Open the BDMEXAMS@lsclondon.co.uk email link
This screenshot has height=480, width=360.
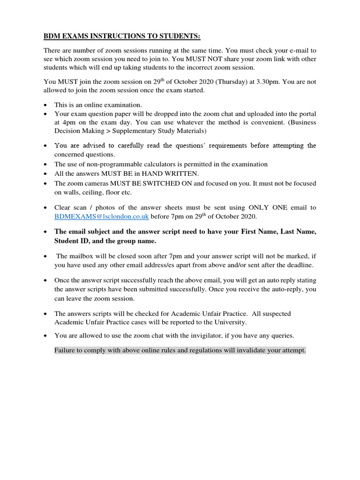[x=102, y=216]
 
